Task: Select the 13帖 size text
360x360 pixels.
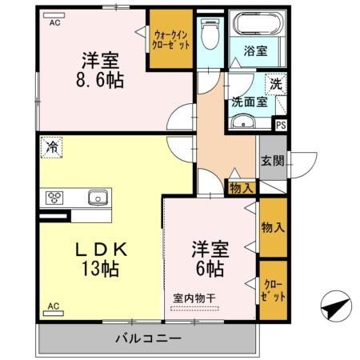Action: tap(100, 269)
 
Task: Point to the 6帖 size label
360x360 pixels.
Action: tap(206, 269)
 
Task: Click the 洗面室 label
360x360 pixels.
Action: tap(246, 102)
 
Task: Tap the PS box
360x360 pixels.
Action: tap(280, 124)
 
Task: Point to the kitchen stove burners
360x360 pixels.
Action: tap(56, 197)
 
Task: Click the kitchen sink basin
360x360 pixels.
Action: tap(97, 197)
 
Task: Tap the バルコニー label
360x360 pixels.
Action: tap(148, 338)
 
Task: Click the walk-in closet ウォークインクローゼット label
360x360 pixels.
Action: tap(171, 40)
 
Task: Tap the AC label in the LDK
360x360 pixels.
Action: tap(54, 306)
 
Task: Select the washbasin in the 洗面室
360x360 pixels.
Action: tap(243, 122)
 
